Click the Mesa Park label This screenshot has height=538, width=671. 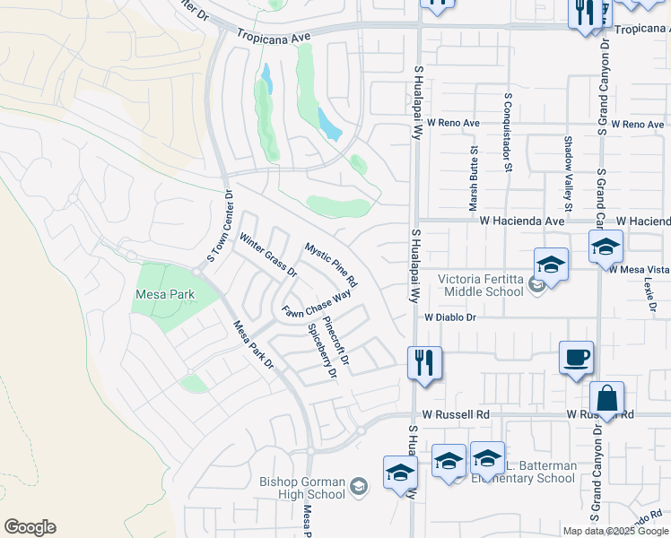pos(160,293)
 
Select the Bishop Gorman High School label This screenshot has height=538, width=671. pos(302,488)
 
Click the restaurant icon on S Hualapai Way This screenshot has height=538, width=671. pos(424,363)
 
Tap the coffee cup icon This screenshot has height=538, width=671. pos(575,357)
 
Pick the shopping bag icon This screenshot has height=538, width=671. pos(606,398)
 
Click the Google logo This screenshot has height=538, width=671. pos(30,527)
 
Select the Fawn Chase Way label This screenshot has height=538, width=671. pos(316,305)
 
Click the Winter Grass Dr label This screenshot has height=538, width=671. pos(267,255)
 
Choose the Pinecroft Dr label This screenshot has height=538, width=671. pos(335,338)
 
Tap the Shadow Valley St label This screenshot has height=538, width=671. pos(568,168)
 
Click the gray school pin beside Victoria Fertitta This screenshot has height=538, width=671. pos(536,286)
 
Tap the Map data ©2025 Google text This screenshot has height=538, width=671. pos(615,530)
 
